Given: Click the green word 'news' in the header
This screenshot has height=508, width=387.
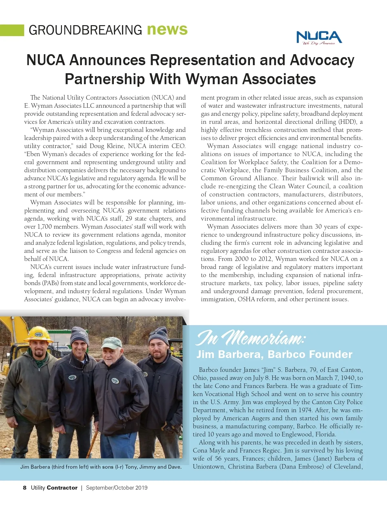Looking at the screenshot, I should pyautogui.click(x=167, y=29).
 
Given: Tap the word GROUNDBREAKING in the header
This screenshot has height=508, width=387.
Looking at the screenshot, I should pyautogui.click(x=85, y=30).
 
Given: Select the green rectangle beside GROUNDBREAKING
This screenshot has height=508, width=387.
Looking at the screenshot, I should pyautogui.click(x=12, y=30).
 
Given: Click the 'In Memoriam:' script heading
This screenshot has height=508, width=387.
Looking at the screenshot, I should pyautogui.click(x=250, y=338).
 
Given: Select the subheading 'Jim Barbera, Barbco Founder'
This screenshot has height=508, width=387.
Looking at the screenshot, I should pyautogui.click(x=274, y=354).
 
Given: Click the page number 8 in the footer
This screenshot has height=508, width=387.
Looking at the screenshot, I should pyautogui.click(x=25, y=488).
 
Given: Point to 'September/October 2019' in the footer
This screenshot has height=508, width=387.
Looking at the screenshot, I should pyautogui.click(x=116, y=488).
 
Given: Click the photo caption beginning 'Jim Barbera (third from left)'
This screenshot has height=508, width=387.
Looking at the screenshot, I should pyautogui.click(x=101, y=467).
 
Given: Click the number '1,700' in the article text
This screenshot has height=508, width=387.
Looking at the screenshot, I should pyautogui.click(x=45, y=227).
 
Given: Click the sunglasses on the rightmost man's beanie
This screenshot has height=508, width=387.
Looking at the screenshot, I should pyautogui.click(x=157, y=333).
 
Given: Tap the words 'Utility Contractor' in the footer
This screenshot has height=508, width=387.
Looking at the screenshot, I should pyautogui.click(x=54, y=488).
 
